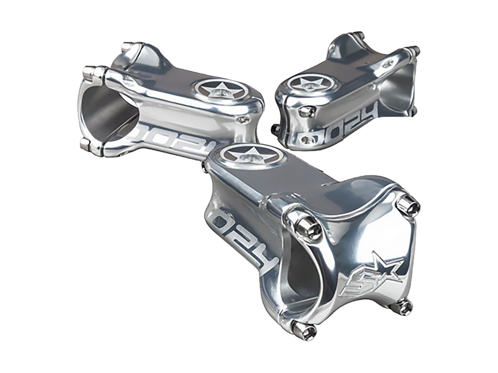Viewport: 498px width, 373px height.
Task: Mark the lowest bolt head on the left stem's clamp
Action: (87, 144)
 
